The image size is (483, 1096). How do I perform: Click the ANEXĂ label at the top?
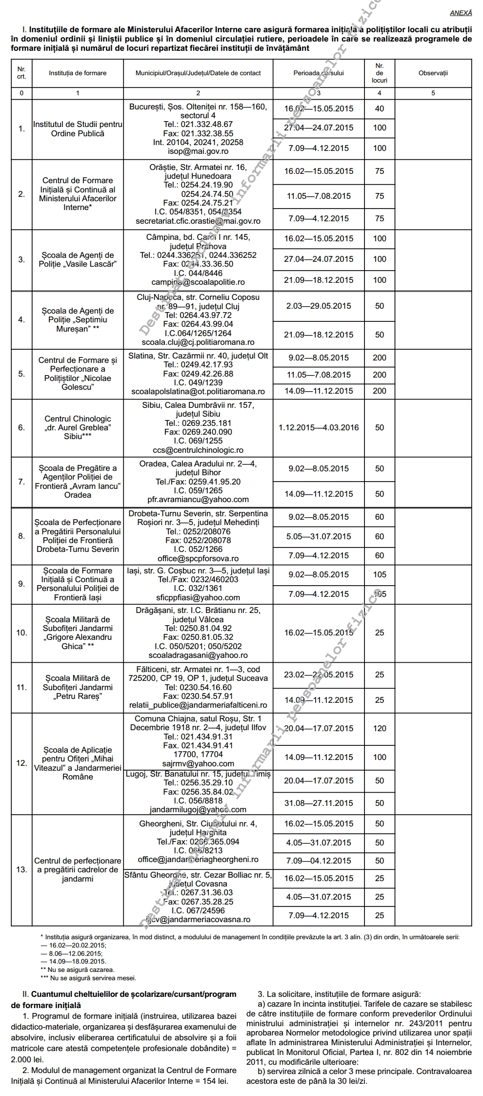point(461,13)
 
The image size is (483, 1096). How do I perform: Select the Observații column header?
point(433,73)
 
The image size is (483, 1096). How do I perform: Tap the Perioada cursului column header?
point(319,73)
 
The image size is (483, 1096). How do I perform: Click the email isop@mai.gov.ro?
point(198,151)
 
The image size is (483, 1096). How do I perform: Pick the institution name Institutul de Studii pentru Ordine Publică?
point(78,129)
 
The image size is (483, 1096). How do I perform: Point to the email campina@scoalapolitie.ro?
point(198,282)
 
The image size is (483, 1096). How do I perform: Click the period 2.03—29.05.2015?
point(319,306)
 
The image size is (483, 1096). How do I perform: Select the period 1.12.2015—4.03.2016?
point(319,427)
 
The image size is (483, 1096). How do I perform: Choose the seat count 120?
point(379,728)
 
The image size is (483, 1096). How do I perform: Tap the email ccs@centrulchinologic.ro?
point(198,450)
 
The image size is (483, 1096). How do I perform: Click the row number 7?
point(21,482)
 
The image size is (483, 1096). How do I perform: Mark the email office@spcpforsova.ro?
point(198,558)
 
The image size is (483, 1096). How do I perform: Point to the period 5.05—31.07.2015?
point(319,536)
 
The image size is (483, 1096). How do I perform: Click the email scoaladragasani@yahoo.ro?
point(198,655)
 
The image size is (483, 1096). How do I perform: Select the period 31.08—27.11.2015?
point(319,803)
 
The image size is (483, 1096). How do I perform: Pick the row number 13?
point(21,869)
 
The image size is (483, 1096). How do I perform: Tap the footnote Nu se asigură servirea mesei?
point(91,978)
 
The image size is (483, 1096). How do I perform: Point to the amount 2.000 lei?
point(27,1059)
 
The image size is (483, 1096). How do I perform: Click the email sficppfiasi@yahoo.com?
point(198,597)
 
